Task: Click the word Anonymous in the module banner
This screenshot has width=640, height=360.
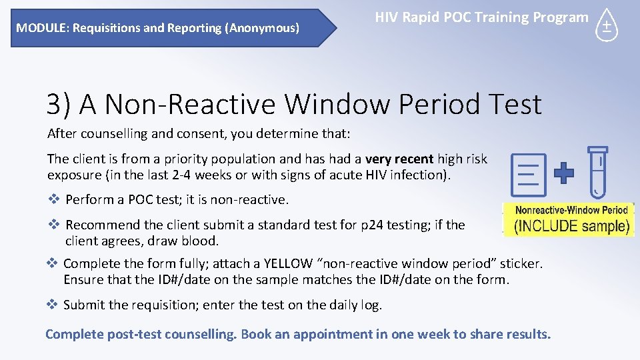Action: [x=263, y=28]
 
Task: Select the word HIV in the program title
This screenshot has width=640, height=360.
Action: [x=387, y=18]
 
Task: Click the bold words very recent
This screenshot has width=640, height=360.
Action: [x=399, y=159]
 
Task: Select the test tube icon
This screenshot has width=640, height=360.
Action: [x=598, y=172]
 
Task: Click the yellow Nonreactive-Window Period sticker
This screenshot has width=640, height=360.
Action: [x=568, y=219]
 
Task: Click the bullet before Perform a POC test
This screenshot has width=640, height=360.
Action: [x=54, y=199]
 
